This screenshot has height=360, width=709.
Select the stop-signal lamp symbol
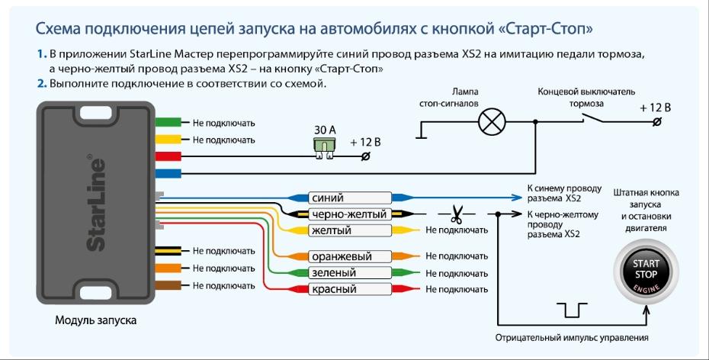tap(492, 121)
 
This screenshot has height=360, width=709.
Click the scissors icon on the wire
tap(457, 214)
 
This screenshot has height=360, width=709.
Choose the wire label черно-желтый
tap(349, 214)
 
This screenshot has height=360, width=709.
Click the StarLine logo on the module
tap(95, 202)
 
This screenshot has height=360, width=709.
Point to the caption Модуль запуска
tap(95, 320)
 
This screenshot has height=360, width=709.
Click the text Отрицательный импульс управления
tap(572, 337)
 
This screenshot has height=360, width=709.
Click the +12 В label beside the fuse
tap(365, 143)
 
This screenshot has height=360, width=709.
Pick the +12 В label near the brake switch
tap(655, 108)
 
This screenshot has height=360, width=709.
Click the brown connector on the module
tap(168, 284)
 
